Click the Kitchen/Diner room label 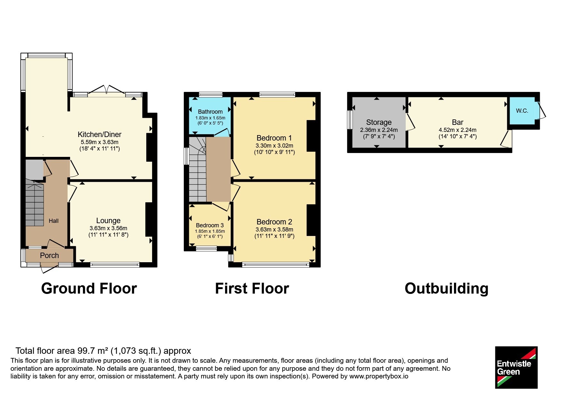(100, 134)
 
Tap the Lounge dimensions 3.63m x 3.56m (108, 228)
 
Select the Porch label (49, 255)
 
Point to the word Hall (53, 221)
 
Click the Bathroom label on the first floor (210, 112)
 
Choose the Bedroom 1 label (274, 138)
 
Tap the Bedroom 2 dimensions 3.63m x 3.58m (274, 230)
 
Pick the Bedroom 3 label (210, 225)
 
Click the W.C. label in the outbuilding (522, 111)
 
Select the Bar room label (458, 122)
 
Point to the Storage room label (379, 122)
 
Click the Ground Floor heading (89, 288)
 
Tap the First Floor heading (252, 288)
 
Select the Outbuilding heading (447, 288)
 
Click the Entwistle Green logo (516, 367)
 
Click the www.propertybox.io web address (379, 376)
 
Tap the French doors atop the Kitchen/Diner (107, 90)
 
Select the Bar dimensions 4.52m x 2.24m (458, 130)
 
